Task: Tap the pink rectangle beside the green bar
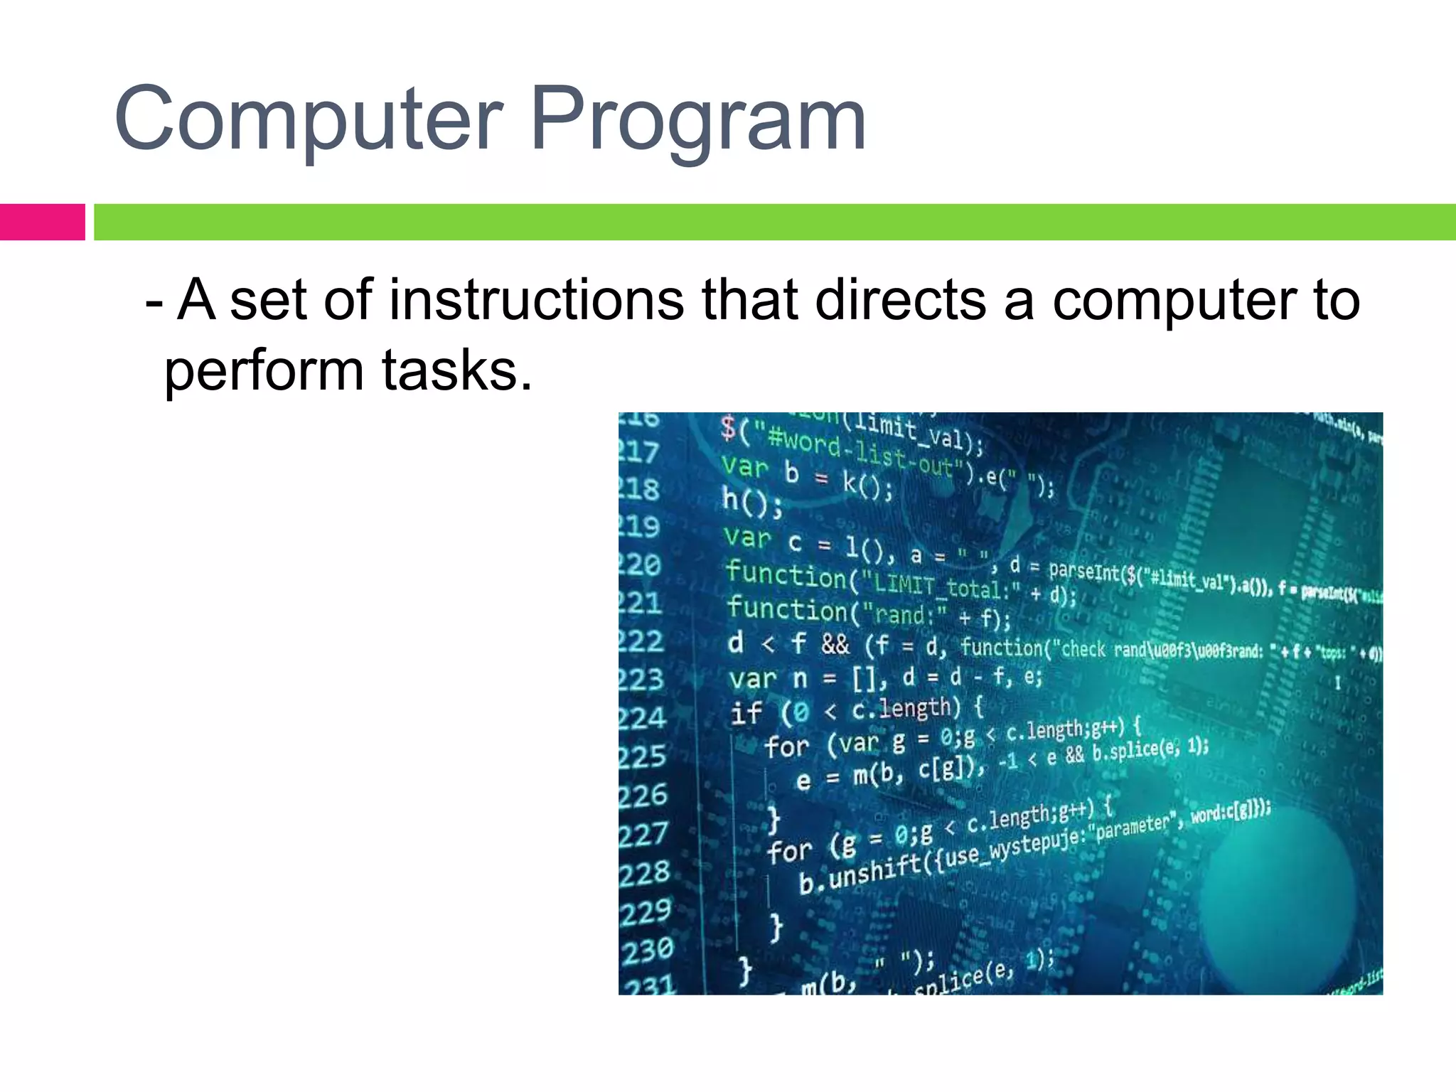[x=42, y=222]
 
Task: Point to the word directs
[x=901, y=300]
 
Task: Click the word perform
[x=264, y=371]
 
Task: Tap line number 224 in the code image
[x=643, y=718]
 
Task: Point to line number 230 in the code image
[x=647, y=950]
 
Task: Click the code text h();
[x=752, y=501]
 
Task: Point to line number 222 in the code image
[x=641, y=642]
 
